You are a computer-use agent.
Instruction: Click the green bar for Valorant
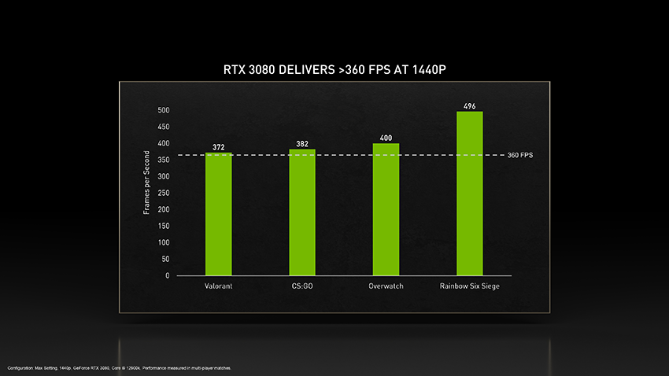pyautogui.click(x=219, y=214)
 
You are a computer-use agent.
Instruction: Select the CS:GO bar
pyautogui.click(x=302, y=212)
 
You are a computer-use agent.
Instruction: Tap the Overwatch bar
pyautogui.click(x=386, y=209)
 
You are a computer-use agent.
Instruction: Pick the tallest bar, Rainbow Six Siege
pyautogui.click(x=469, y=194)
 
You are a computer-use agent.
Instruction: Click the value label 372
pyautogui.click(x=219, y=147)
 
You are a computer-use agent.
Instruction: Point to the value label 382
pyautogui.click(x=302, y=144)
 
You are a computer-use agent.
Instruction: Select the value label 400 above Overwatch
pyautogui.click(x=386, y=138)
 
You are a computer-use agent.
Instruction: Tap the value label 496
pyautogui.click(x=470, y=106)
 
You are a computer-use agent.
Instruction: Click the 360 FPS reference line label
pyautogui.click(x=520, y=155)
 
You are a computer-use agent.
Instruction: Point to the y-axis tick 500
pyautogui.click(x=163, y=110)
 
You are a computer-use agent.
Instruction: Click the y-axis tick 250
pyautogui.click(x=163, y=193)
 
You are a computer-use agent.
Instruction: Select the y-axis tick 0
pyautogui.click(x=166, y=276)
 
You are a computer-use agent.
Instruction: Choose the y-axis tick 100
pyautogui.click(x=163, y=242)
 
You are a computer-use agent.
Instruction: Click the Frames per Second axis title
pyautogui.click(x=146, y=182)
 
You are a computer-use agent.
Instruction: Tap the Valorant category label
pyautogui.click(x=218, y=286)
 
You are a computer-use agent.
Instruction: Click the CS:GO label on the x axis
pyautogui.click(x=302, y=286)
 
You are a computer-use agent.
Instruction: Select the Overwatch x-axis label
pyautogui.click(x=386, y=286)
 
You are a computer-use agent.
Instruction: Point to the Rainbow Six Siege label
pyautogui.click(x=469, y=286)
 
